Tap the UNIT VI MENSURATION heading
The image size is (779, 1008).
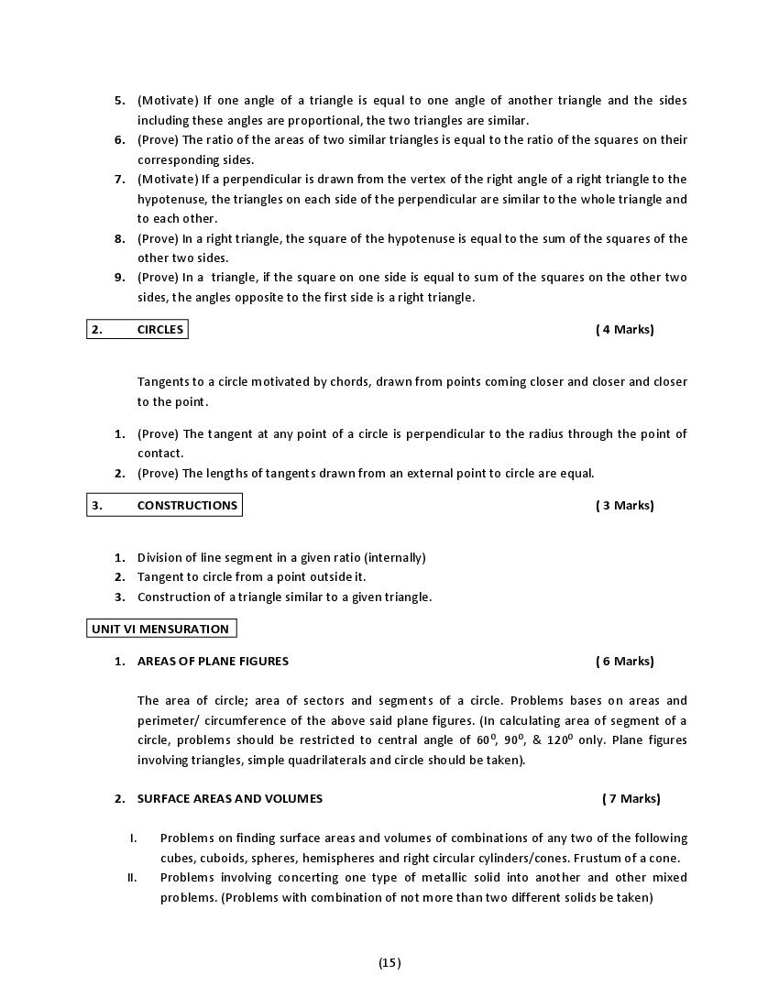(x=160, y=629)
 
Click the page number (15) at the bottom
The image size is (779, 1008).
(x=389, y=962)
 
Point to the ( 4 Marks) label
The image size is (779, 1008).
(x=625, y=330)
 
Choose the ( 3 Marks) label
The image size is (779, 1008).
(x=625, y=505)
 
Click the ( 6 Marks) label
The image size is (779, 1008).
(x=625, y=661)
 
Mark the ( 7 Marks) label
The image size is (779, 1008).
(x=631, y=798)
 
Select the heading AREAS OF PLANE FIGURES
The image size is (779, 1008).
(x=213, y=661)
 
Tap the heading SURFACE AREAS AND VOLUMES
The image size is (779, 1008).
(x=230, y=798)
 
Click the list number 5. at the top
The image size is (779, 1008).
(x=120, y=101)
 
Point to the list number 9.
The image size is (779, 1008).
(x=120, y=278)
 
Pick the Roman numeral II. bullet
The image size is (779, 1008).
(x=132, y=878)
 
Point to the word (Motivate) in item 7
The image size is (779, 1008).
(x=168, y=180)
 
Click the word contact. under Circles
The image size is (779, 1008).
(x=160, y=454)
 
